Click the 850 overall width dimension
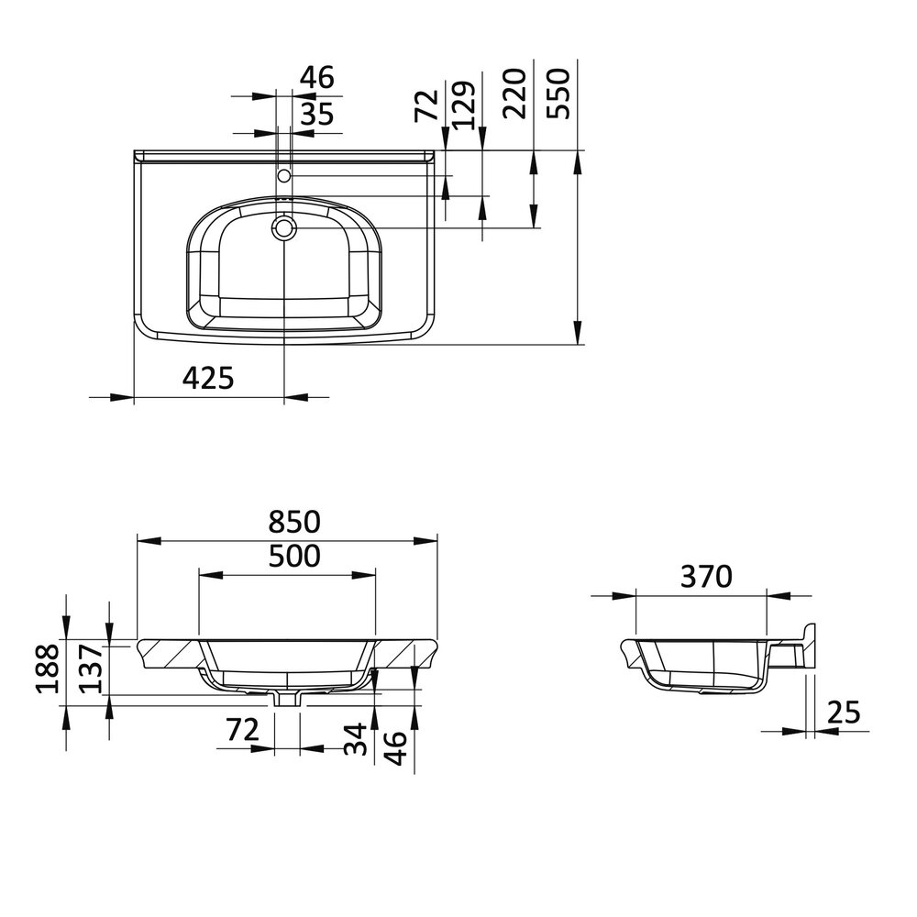tap(293, 522)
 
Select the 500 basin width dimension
tap(293, 556)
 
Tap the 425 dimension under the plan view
tap(208, 378)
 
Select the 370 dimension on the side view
tap(705, 577)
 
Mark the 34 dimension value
tap(359, 738)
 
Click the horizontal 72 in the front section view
tap(242, 730)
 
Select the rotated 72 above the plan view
tap(425, 101)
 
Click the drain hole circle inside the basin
tap(284, 226)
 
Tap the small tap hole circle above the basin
tap(284, 174)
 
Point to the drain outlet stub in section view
tap(287, 698)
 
